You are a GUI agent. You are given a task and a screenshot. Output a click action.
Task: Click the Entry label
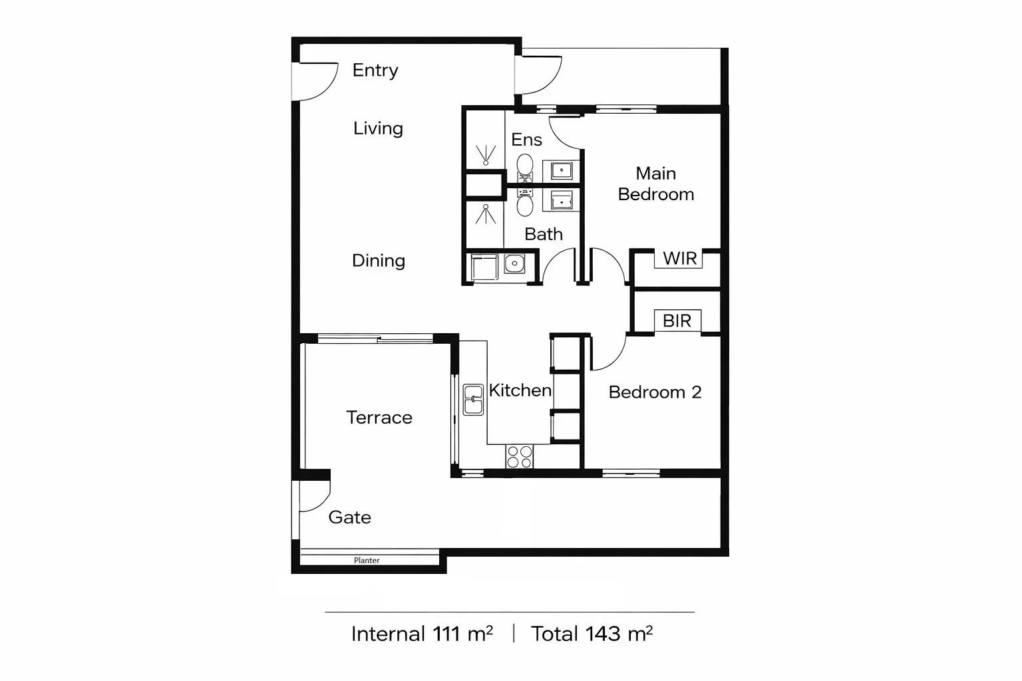375,70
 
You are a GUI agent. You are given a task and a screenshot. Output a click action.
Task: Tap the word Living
378,128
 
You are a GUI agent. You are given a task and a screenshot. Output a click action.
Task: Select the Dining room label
378,261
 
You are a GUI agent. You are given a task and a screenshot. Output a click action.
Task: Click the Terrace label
379,418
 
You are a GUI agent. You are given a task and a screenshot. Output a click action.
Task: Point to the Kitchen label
520,390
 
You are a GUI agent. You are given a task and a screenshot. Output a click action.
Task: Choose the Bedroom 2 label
655,392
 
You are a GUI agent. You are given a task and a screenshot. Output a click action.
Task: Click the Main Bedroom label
655,184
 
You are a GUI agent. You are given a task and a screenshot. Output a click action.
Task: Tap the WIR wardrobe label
679,258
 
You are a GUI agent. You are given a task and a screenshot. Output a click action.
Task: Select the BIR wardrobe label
677,321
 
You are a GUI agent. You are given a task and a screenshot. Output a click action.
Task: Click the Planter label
367,561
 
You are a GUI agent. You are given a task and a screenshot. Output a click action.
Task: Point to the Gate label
349,517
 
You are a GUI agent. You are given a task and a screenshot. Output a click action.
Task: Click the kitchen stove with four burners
519,457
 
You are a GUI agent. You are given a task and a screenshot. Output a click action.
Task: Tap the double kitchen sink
473,400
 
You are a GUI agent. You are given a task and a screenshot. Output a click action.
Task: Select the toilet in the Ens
525,166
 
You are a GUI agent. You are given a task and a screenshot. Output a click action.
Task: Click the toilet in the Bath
525,204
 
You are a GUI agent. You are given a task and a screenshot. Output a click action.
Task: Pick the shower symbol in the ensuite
486,154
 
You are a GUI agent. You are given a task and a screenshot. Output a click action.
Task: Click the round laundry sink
514,265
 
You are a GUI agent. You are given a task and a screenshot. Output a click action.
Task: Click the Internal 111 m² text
422,634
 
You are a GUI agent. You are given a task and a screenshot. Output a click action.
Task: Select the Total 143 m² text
592,634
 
